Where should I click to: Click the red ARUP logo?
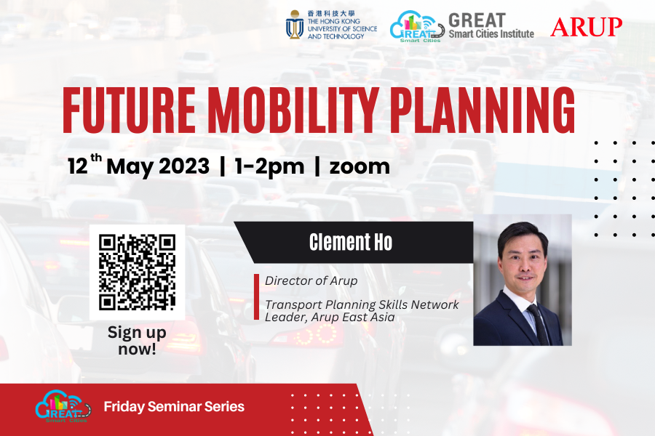click(x=586, y=27)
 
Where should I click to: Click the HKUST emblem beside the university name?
click(x=295, y=25)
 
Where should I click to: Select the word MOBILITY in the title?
click(x=298, y=109)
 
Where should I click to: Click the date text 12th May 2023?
click(x=138, y=166)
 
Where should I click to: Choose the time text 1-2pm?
click(x=269, y=166)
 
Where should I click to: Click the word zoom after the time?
click(x=360, y=166)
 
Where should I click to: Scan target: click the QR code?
click(x=137, y=271)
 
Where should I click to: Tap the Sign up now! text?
click(x=137, y=340)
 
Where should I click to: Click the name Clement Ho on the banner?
click(x=351, y=243)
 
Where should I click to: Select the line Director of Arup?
click(x=311, y=280)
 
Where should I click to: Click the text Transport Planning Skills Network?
click(x=362, y=304)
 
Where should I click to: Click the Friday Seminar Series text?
click(x=174, y=407)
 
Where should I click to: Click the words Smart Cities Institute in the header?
click(x=491, y=33)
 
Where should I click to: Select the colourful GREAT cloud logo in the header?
click(x=417, y=27)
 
